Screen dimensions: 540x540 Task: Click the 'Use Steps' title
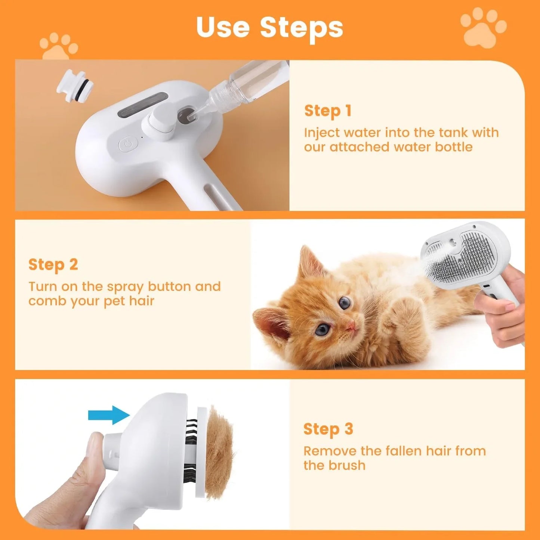[269, 27]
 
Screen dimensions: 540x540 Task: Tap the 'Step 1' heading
[328, 111]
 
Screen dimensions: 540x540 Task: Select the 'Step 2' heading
[53, 265]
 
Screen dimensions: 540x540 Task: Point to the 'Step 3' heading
[328, 429]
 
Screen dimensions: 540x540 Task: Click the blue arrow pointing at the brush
[108, 415]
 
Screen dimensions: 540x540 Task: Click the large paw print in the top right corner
[483, 28]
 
